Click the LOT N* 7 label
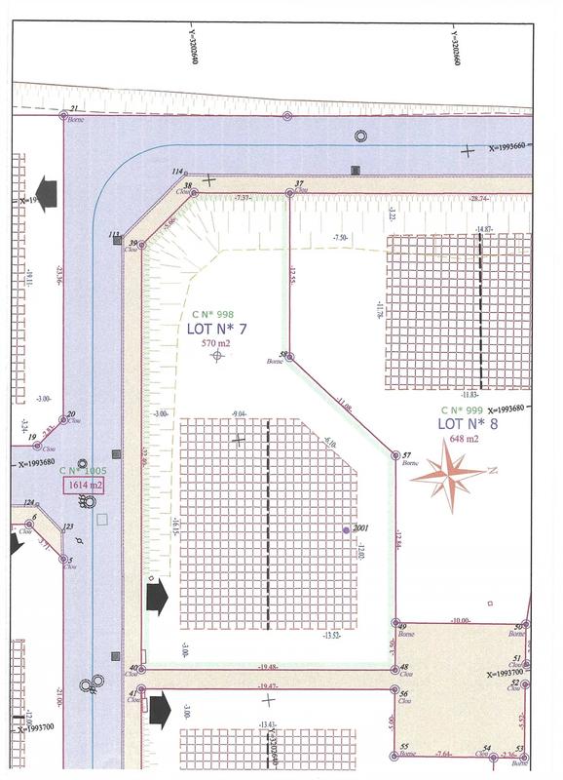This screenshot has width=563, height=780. [216, 329]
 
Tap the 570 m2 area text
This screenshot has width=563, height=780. [216, 343]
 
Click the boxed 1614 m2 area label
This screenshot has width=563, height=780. [85, 485]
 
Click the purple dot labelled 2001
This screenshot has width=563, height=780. [346, 529]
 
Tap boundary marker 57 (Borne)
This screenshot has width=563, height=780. [395, 455]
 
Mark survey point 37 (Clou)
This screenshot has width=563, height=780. [288, 194]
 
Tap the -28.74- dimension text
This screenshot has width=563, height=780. [478, 198]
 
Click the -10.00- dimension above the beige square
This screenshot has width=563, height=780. [460, 620]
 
